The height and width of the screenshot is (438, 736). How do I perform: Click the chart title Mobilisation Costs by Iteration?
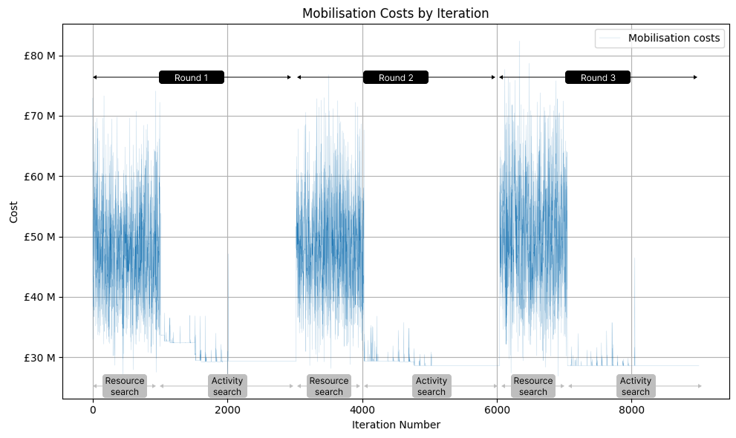click(395, 13)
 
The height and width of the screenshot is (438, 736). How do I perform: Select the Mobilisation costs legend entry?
click(674, 38)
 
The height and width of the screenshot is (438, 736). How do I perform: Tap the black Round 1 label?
click(192, 77)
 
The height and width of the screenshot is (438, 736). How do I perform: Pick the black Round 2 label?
click(396, 77)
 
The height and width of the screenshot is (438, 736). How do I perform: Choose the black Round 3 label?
click(598, 77)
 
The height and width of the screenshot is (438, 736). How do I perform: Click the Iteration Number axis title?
click(396, 425)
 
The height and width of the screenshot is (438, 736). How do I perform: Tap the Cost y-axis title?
click(15, 212)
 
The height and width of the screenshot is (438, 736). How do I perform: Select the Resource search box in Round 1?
click(125, 386)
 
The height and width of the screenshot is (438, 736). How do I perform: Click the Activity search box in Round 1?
click(227, 386)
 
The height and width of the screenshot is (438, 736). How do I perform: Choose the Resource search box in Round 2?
click(329, 386)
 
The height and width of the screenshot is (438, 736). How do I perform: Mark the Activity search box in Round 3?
click(636, 386)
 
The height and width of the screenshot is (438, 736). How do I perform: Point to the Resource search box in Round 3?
click(533, 386)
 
